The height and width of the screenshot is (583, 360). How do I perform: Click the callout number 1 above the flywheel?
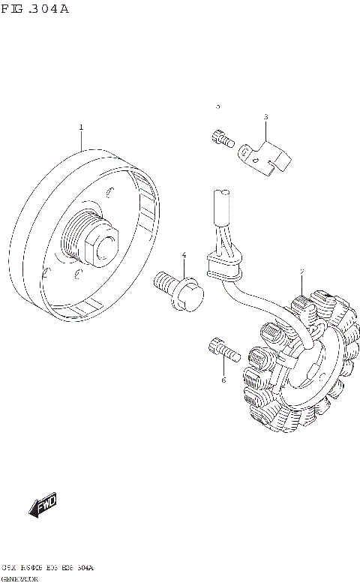click(x=81, y=128)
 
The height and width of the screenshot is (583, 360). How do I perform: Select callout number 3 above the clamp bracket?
click(x=265, y=117)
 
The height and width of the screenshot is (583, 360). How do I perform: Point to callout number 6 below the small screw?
click(x=223, y=380)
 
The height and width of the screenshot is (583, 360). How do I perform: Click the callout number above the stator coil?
click(x=301, y=272)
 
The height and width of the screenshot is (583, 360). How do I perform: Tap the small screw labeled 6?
click(x=221, y=348)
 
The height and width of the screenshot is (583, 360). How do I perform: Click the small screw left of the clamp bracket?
click(x=220, y=138)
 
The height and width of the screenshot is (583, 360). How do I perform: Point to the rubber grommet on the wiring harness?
click(x=223, y=266)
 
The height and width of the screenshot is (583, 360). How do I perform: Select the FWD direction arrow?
click(x=43, y=506)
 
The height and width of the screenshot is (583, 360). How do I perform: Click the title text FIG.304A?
click(x=34, y=9)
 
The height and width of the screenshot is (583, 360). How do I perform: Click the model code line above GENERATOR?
click(x=48, y=568)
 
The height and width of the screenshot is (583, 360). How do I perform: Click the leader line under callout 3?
click(x=265, y=131)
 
